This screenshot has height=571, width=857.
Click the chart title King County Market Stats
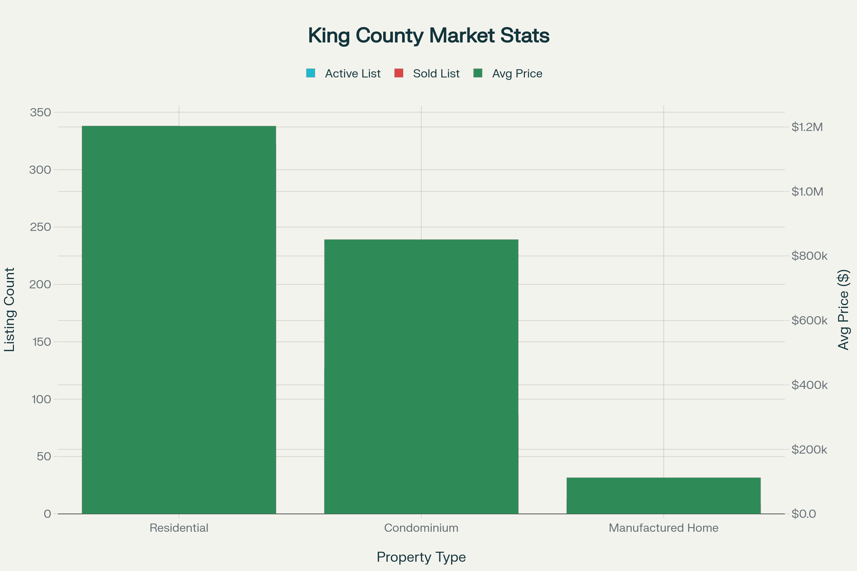pos(428,36)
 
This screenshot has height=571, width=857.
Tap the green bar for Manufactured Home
pos(663,496)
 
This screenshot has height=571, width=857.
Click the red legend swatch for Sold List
pos(399,73)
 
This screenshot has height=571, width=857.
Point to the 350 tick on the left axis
pos(40,112)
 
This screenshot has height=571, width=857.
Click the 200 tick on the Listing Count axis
pos(40,284)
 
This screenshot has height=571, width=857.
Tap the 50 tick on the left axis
pos(44,457)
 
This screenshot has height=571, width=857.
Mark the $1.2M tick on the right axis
pos(807,127)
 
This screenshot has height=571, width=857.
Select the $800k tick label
pos(809,256)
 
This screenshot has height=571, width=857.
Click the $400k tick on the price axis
pos(809,385)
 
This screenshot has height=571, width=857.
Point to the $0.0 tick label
pos(803,514)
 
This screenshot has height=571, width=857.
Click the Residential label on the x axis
pos(179,528)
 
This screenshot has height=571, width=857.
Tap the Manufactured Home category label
pos(663,528)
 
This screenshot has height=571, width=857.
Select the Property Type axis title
pos(421,557)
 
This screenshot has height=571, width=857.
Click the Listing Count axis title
pos(10,309)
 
